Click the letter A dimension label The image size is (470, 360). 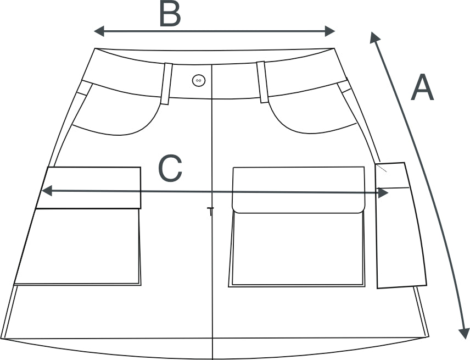pos(422,87)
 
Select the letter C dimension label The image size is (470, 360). pos(170,168)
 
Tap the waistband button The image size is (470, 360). pos(199,80)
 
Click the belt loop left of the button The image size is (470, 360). pos(166,84)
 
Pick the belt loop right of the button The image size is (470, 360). pos(262,82)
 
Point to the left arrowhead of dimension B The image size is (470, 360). pos(99,31)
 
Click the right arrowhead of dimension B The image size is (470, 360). pos(330,31)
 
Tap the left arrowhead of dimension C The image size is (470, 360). pos(47,191)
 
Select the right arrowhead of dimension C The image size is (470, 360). pos(384,193)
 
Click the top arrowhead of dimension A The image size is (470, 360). pos(374,37)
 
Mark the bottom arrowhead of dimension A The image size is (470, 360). pos(464,333)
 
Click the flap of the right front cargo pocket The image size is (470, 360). pos(299,190)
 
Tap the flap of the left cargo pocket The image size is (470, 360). pos(89,188)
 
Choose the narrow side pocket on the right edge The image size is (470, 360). pos(401,225)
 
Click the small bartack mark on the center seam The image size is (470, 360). pos(211,211)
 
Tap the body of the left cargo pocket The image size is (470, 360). pos(79,247)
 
